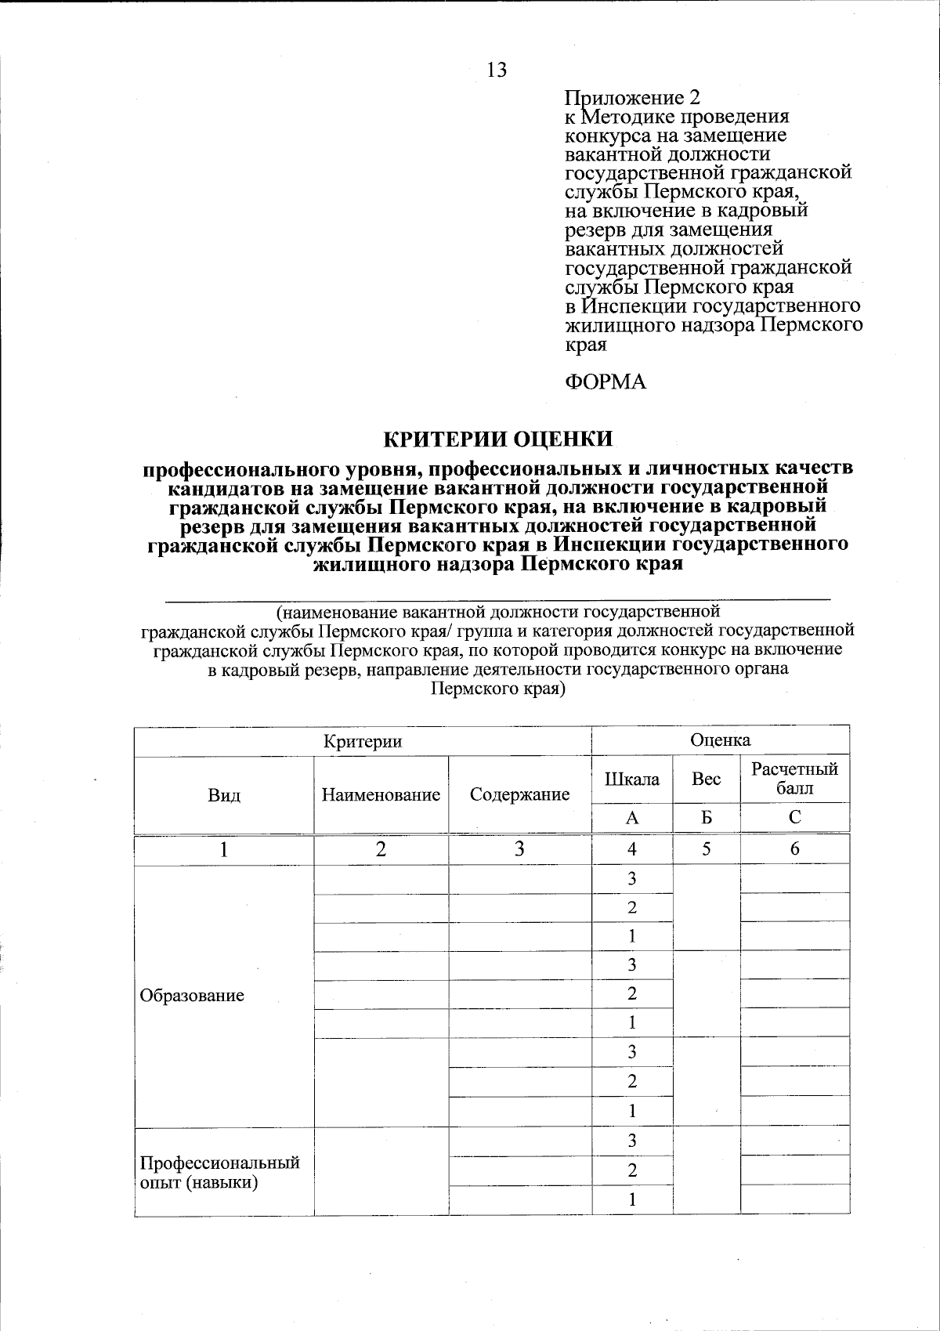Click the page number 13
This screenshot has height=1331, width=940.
coord(497,71)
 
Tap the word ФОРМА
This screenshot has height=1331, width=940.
coord(605,382)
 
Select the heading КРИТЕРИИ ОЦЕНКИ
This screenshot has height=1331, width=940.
coord(497,439)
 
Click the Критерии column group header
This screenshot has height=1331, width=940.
coord(363,741)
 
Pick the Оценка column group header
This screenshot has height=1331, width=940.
coord(720,740)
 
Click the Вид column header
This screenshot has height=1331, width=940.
coord(224,795)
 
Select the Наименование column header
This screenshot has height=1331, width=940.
coord(381,795)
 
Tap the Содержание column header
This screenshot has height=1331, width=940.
coord(519,795)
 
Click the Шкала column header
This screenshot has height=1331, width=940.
coord(631,779)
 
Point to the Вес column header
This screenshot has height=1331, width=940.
coord(706,779)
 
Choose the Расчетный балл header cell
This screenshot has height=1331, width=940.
coord(794,779)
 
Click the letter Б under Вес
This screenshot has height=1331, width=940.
coord(706,818)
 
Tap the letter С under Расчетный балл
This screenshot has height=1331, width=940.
coord(794,818)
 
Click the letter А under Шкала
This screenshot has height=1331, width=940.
coord(631,818)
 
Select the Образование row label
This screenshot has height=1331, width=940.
coord(191,996)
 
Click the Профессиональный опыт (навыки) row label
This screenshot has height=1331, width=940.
coord(219,1172)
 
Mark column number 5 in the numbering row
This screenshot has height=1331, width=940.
coord(706,849)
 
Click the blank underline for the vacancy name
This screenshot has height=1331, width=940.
coord(497,599)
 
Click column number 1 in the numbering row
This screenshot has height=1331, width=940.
coord(224,849)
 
